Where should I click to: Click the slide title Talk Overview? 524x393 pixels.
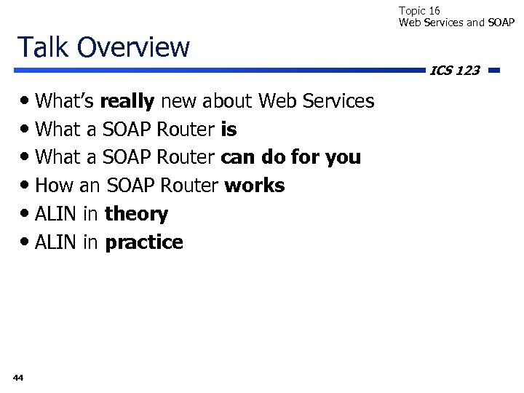click(x=103, y=47)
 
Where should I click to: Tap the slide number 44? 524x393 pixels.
click(x=18, y=377)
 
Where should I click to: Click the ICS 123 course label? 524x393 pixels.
click(x=454, y=71)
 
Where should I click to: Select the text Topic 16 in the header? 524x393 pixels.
click(x=419, y=10)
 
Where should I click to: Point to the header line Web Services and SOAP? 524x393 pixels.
click(x=456, y=23)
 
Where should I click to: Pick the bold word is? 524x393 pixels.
click(x=228, y=130)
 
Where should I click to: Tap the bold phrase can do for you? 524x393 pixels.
click(x=290, y=157)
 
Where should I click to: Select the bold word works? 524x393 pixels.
click(x=255, y=186)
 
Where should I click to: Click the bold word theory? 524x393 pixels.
click(x=136, y=214)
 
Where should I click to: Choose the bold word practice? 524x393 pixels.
click(x=144, y=242)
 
